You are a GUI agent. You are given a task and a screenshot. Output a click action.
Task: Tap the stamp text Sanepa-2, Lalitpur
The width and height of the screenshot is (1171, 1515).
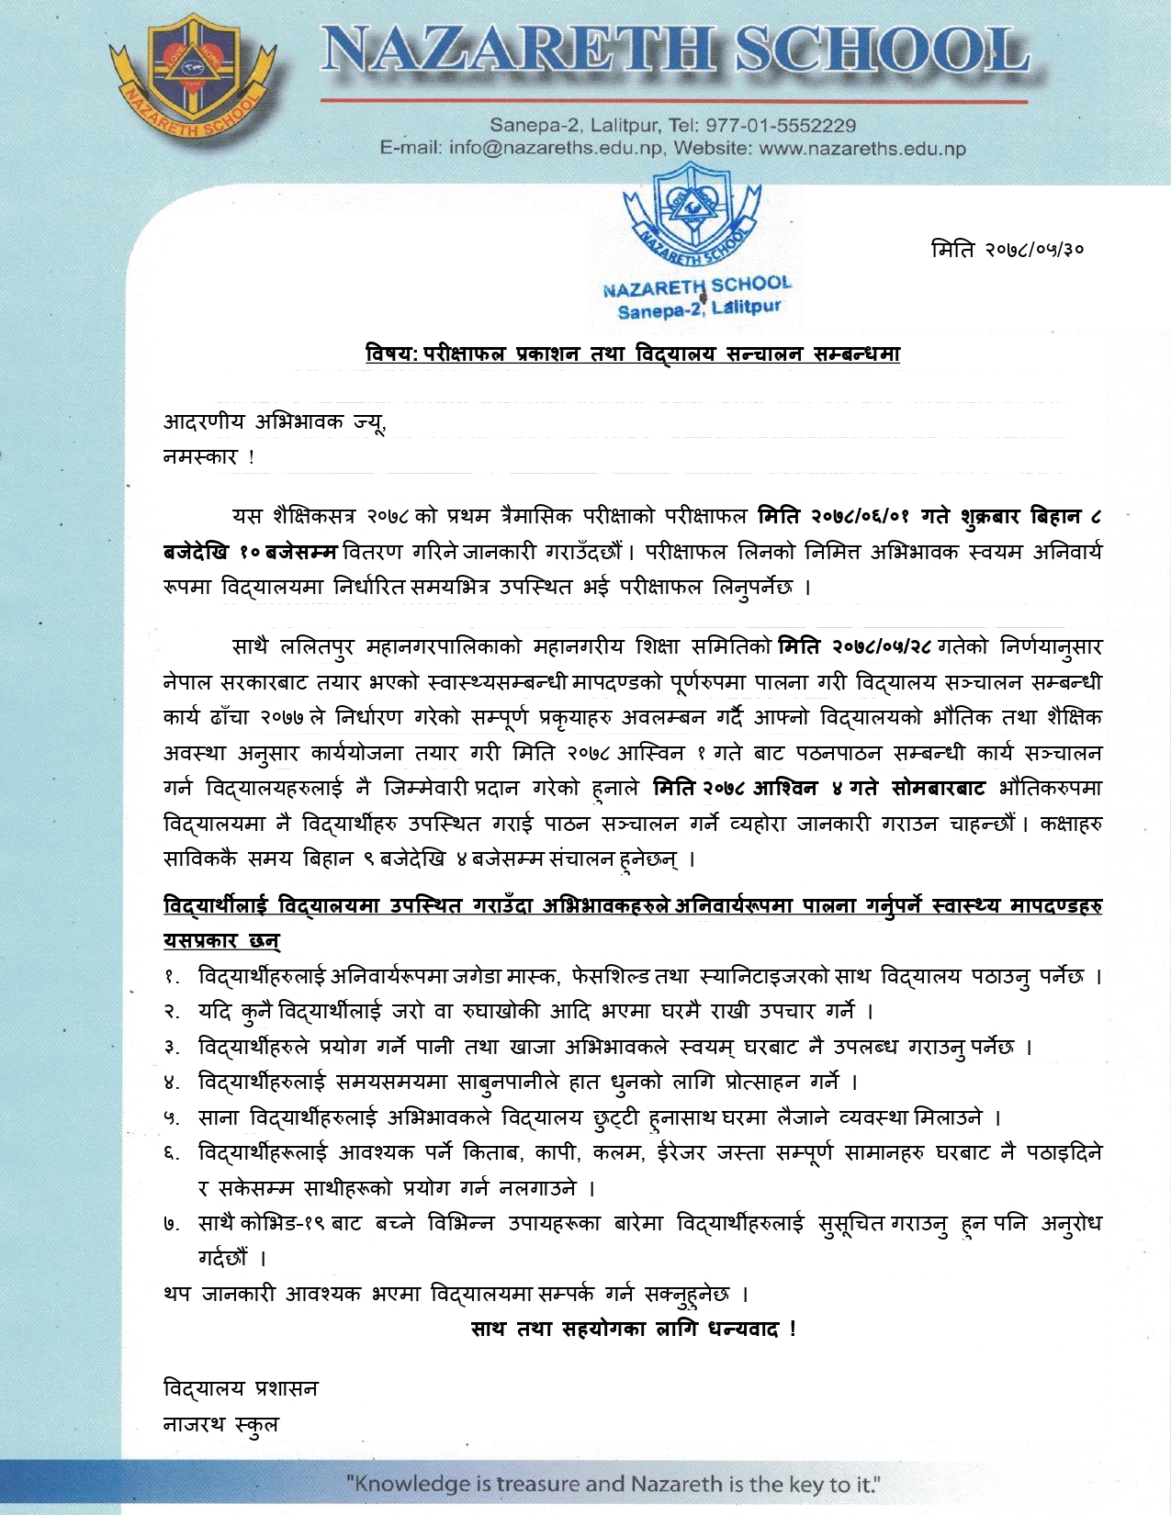click(699, 309)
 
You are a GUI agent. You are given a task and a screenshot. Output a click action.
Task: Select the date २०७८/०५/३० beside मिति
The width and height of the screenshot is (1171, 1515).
click(1034, 249)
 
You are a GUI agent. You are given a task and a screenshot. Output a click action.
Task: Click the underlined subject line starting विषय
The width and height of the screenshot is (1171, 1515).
click(633, 353)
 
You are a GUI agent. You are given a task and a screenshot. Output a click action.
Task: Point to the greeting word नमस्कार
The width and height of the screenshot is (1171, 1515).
click(200, 456)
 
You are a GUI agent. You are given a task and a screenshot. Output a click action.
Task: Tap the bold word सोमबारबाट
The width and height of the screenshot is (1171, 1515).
click(939, 788)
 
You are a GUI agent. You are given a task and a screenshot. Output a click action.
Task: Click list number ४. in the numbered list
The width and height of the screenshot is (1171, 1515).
click(172, 1083)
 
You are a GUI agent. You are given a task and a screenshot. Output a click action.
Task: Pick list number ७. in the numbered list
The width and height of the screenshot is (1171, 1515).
click(172, 1224)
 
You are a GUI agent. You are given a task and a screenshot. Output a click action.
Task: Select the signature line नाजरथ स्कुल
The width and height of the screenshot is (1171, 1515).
click(220, 1424)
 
